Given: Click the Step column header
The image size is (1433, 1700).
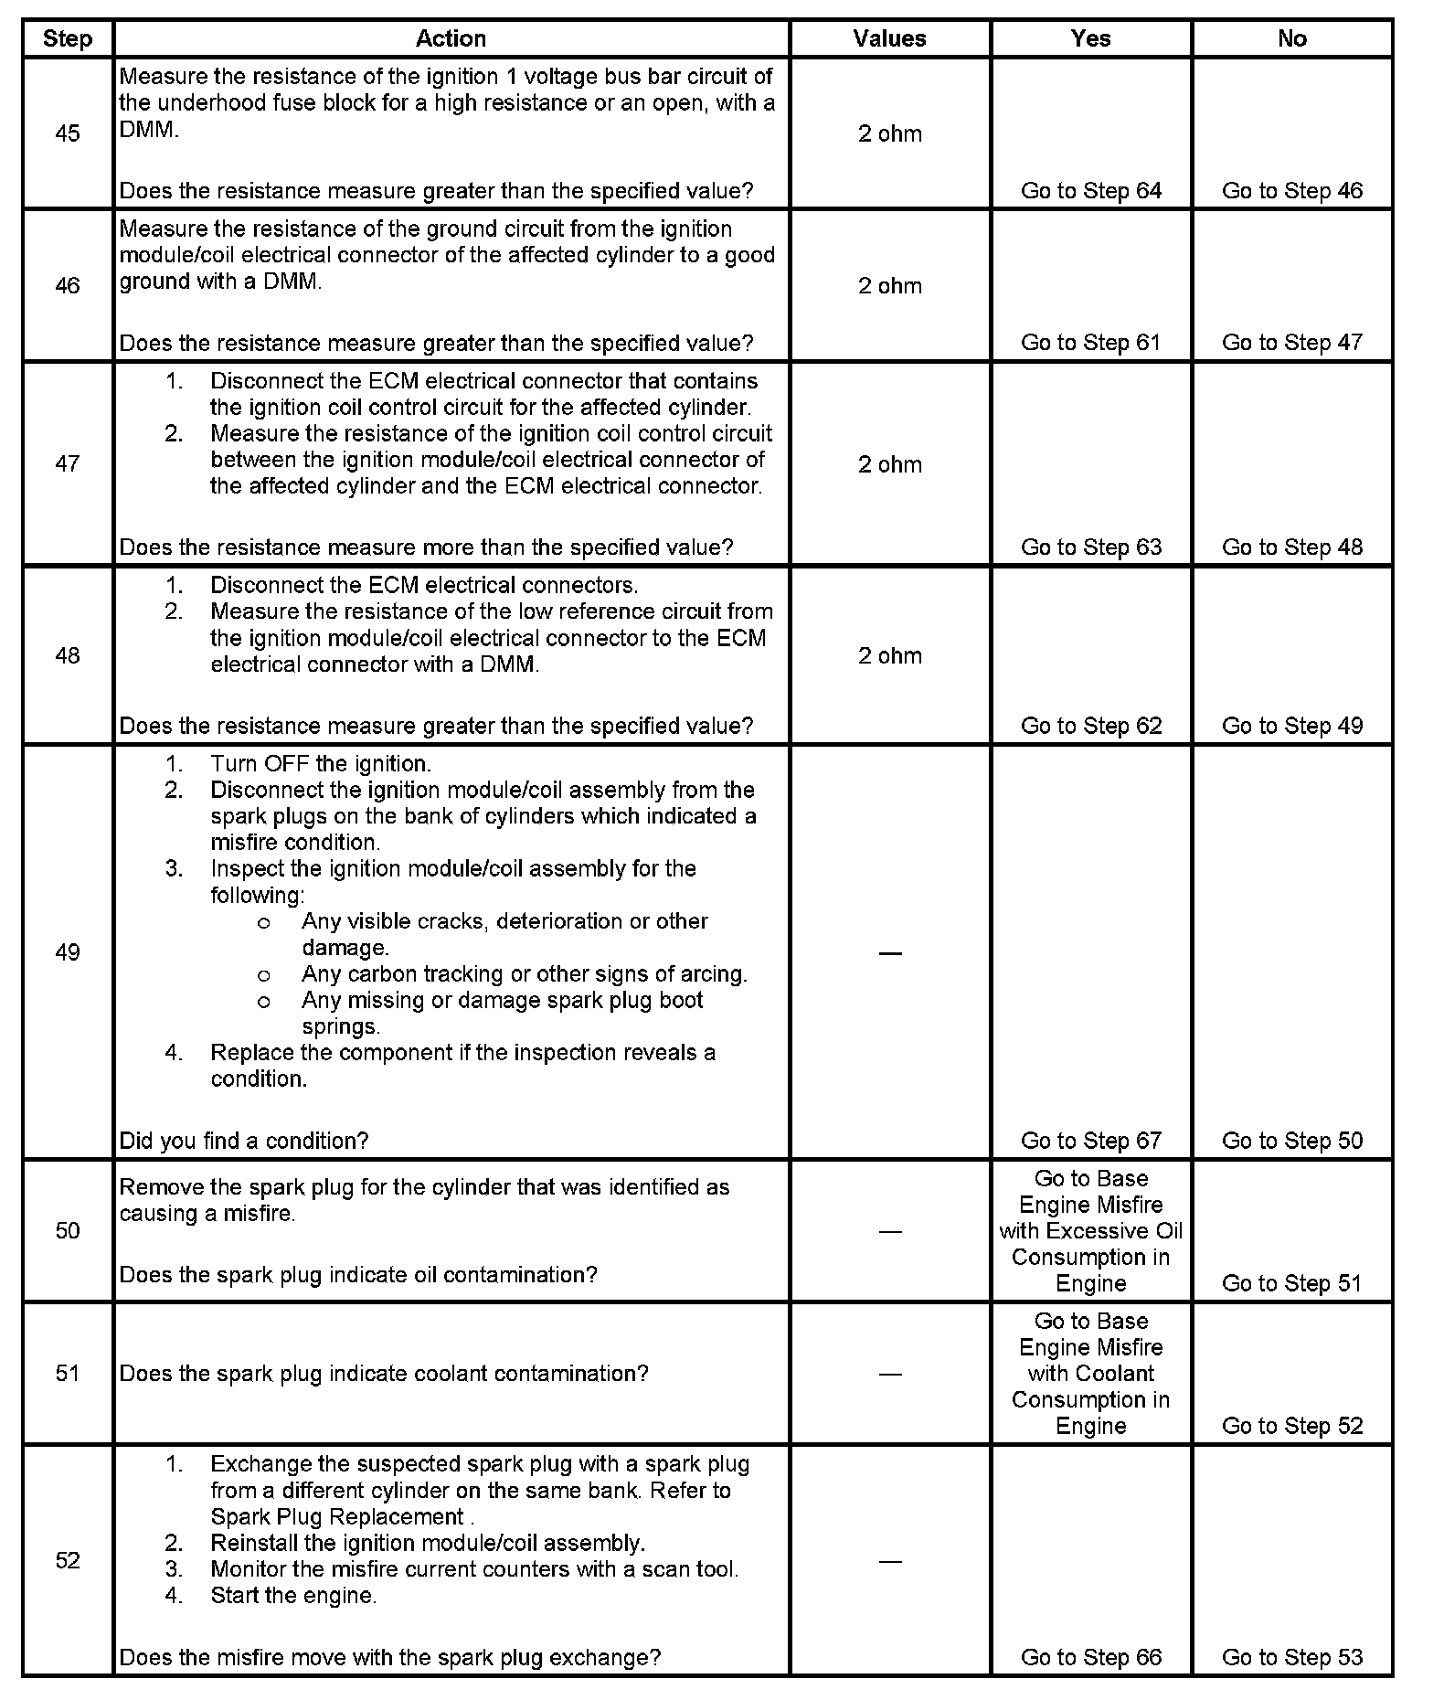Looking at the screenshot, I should coord(68,39).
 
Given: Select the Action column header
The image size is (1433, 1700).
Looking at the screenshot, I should coord(451,38).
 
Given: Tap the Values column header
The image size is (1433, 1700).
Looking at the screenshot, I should coord(889,38).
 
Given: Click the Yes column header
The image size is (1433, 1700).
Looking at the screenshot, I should coord(1091,38).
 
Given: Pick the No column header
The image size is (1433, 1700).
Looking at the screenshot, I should coord(1291,38).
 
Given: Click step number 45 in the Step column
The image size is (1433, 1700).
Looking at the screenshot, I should coord(68,133).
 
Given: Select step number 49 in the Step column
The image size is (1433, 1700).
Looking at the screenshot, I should coord(68,952).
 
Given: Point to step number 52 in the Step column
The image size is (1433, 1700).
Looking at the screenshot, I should coord(68,1560).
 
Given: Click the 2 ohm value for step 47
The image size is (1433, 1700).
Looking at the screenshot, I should coord(889,464).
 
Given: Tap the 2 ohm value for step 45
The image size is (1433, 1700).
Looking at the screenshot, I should coord(889,133).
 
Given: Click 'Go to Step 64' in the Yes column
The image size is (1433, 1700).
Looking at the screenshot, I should coord(1091,191).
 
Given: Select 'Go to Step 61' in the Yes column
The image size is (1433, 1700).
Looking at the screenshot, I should coord(1091,343).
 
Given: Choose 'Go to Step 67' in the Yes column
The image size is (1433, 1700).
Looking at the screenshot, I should coord(1091,1141).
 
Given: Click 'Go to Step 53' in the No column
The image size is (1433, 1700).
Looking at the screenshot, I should coord(1291,1657).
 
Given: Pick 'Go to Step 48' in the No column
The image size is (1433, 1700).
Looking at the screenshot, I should coord(1291,547).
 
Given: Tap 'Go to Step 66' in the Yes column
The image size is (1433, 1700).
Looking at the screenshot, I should coord(1091,1657).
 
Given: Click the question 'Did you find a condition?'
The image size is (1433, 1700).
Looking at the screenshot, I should coord(244,1141).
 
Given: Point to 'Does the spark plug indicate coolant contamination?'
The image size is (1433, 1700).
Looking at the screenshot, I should coord(384,1374).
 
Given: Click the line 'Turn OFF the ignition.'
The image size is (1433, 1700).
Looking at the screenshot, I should coord(321,764).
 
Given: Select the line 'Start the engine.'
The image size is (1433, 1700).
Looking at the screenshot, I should coord(293,1596).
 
